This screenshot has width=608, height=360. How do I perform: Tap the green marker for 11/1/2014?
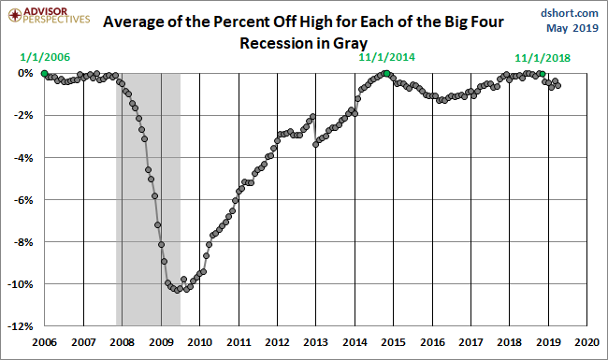tap(386, 73)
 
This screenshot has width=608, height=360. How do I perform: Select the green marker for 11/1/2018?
tap(542, 74)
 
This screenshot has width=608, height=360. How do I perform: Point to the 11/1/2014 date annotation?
tap(386, 57)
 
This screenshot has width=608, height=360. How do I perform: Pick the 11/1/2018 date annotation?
tap(542, 57)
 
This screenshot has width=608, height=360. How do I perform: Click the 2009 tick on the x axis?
tap(161, 342)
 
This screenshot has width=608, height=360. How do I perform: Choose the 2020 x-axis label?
tap(586, 342)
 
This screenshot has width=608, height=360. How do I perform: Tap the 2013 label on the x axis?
tap(316, 342)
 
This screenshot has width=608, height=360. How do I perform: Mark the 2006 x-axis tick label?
tap(45, 342)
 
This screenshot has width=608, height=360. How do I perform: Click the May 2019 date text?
tap(575, 28)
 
